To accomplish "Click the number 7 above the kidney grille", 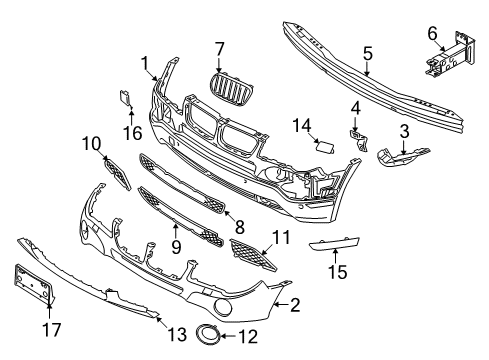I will click(220, 48).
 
